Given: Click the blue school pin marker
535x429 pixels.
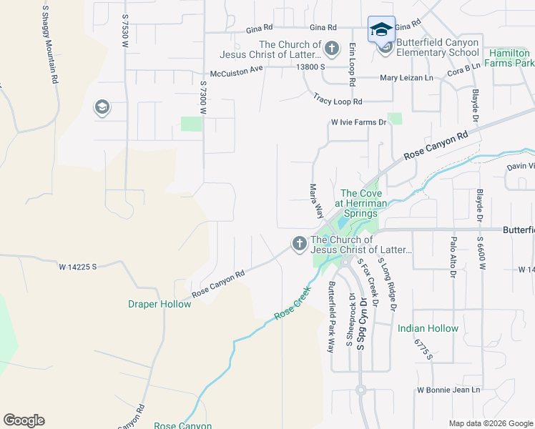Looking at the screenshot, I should pyautogui.click(x=381, y=30).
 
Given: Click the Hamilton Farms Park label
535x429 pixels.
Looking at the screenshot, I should pyautogui.click(x=509, y=58).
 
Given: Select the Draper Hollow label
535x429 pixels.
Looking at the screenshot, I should pyautogui.click(x=159, y=304).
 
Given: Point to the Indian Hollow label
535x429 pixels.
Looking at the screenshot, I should pyautogui.click(x=428, y=328).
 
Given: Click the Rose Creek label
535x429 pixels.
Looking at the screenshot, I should pyautogui.click(x=293, y=303).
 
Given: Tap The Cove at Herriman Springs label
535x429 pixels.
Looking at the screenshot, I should pyautogui.click(x=361, y=203).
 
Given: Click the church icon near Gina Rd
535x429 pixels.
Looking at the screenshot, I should pyautogui.click(x=331, y=49).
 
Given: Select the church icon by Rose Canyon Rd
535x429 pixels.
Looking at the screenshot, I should pyautogui.click(x=298, y=245).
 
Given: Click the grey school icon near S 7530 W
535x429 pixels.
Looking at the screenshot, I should pyautogui.click(x=102, y=108).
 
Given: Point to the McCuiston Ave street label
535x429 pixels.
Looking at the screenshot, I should pyautogui.click(x=236, y=72).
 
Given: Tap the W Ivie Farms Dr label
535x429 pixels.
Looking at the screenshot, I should pyautogui.click(x=358, y=122).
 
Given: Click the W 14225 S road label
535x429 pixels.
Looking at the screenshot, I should pyautogui.click(x=78, y=266).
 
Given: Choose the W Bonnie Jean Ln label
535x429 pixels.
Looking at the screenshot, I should pyautogui.click(x=448, y=390).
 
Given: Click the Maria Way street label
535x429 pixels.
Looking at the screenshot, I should pyautogui.click(x=315, y=201).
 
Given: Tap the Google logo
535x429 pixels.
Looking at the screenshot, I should pyautogui.click(x=24, y=420).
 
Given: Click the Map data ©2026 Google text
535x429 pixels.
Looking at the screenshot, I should pyautogui.click(x=490, y=423).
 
